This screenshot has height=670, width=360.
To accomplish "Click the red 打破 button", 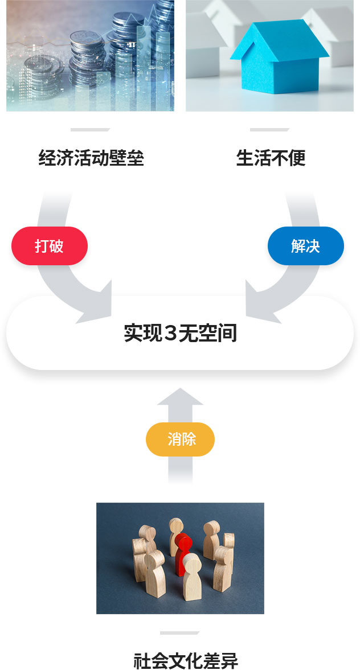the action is click(50, 246).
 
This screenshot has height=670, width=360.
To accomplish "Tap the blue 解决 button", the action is click(306, 246).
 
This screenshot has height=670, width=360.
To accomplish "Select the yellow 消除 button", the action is click(180, 439).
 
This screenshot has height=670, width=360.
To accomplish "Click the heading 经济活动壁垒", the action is click(91, 158).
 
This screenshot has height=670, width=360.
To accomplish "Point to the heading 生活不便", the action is click(271, 158).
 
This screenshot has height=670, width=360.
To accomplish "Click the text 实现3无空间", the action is click(180, 333).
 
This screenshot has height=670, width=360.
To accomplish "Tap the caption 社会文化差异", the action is click(186, 660).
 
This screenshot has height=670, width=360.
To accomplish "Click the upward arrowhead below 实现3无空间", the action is click(180, 396).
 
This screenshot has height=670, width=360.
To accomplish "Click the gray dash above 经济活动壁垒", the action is click(90, 129).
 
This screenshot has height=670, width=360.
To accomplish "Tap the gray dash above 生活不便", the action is click(270, 129).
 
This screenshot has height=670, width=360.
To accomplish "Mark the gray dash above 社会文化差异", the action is click(179, 633).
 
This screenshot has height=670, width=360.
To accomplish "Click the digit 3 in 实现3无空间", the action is click(170, 333).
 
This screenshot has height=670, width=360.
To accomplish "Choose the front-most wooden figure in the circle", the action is click(191, 577).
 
